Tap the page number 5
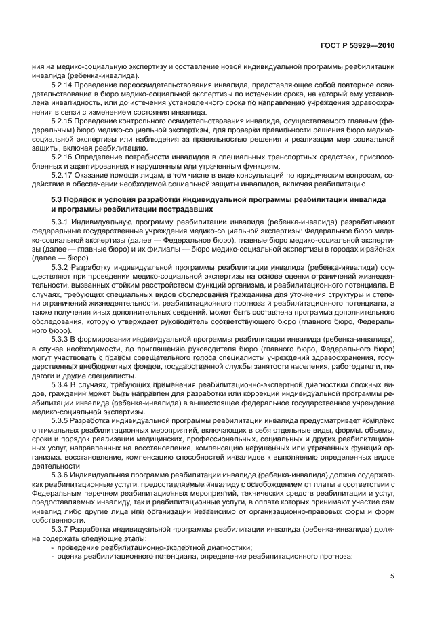click(392, 576)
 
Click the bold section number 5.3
click(57, 201)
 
